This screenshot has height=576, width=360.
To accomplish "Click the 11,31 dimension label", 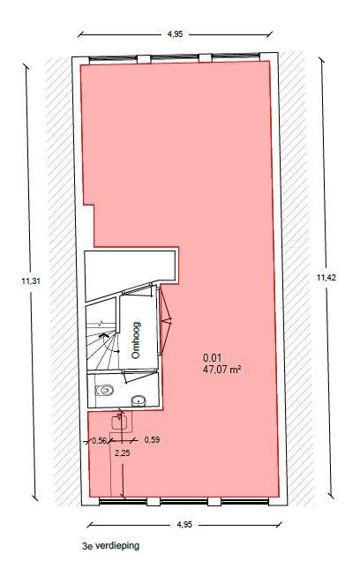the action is click(31, 281).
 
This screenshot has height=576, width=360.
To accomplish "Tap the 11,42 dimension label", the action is click(326, 278).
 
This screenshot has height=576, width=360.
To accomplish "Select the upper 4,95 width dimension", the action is click(176, 34).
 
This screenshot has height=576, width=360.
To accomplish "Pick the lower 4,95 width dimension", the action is click(184, 524).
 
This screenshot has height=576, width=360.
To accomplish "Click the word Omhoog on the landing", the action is click(136, 340).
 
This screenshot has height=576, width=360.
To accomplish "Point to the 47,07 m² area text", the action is click(221, 370).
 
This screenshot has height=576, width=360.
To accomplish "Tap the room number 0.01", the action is click(212, 358).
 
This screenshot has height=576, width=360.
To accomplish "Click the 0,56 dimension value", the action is click(99, 441).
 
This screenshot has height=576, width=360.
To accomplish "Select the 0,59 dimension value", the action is click(152, 439).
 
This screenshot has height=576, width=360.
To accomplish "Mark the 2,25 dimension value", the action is click(123, 453).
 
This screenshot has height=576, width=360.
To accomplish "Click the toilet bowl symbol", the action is click(104, 390).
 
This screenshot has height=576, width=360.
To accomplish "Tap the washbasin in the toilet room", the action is click(139, 400).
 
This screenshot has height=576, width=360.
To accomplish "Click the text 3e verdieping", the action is click(111, 545).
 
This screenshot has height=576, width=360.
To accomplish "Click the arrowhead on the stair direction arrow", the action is click(102, 335).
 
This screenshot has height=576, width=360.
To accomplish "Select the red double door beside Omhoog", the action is click(166, 320).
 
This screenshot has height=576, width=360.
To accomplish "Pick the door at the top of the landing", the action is click(139, 289).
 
